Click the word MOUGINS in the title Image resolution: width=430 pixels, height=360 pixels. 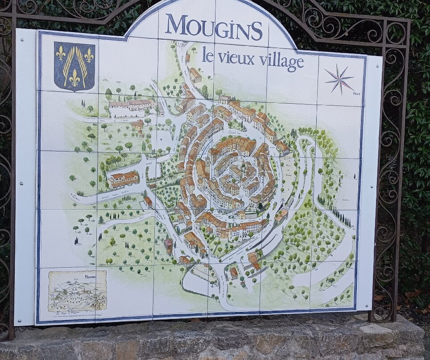[214, 27]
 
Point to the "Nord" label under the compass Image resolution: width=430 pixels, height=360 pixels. [356, 94]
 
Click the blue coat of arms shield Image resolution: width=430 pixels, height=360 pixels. [74, 66]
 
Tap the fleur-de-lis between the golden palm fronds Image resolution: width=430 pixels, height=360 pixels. [74, 78]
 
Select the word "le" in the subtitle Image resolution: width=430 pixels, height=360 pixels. [207, 55]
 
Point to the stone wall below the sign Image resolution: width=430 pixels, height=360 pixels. [214, 341]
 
